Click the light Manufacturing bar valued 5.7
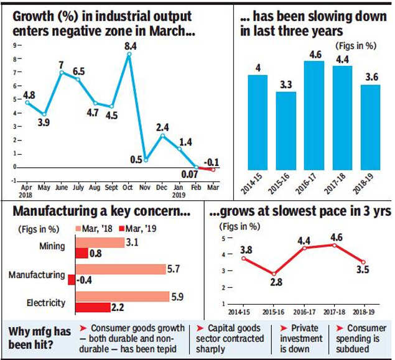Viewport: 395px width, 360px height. [x=120, y=269]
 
